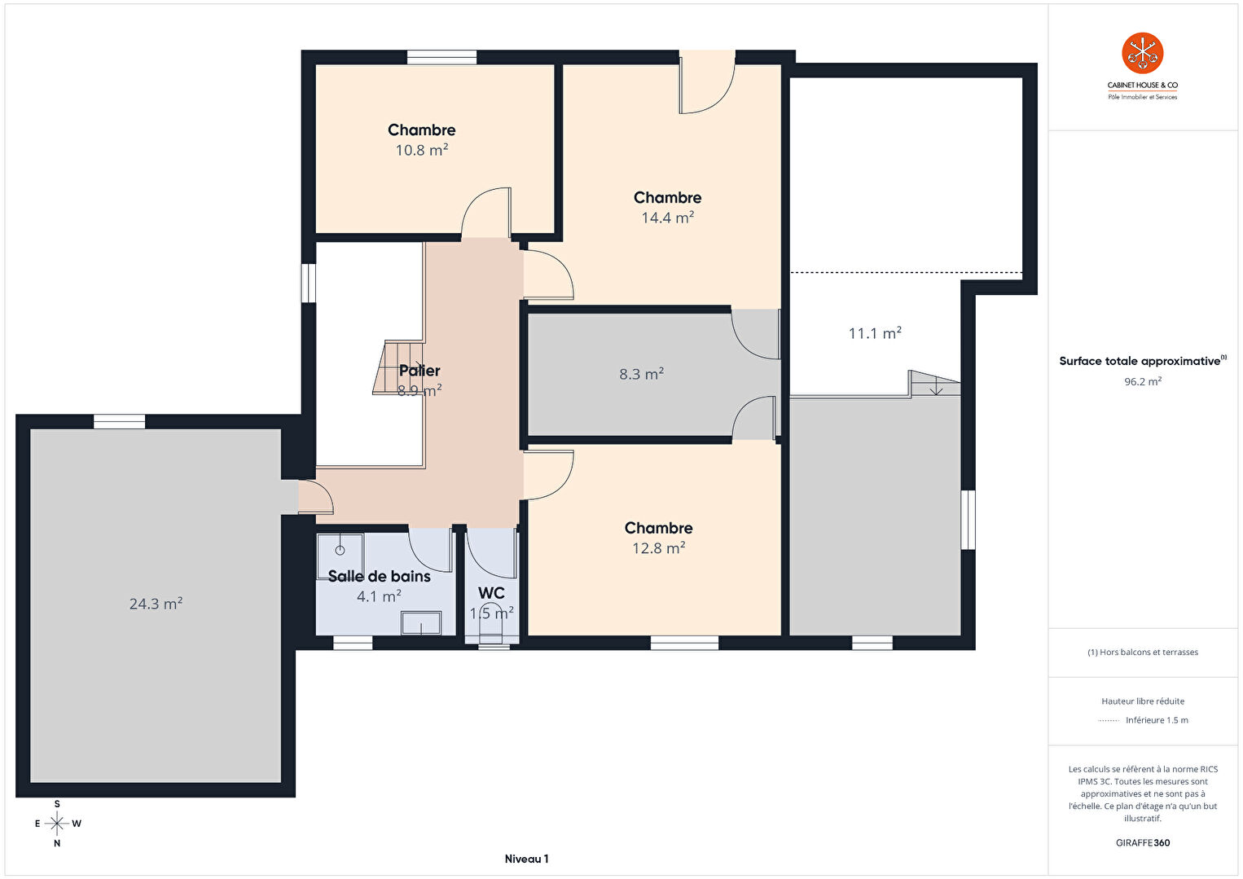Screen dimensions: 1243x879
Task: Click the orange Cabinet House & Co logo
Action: pos(1142,53)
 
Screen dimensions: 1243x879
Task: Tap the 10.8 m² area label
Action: pos(422,150)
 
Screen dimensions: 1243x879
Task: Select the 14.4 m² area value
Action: pos(668,218)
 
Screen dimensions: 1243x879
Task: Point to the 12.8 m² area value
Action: pos(659,548)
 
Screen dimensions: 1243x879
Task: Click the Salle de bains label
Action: pos(379,577)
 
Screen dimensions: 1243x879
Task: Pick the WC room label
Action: pos(491,593)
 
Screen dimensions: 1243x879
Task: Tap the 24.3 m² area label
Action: pos(156,604)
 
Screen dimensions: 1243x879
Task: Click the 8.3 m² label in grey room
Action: pos(642,374)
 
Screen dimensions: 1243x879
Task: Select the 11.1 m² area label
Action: pos(875,333)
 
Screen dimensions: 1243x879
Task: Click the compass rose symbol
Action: pos(56,824)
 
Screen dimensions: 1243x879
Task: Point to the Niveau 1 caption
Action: pos(526,859)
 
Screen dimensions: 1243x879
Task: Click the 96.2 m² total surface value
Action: pos(1143,382)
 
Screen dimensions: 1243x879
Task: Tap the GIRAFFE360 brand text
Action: pos(1143,842)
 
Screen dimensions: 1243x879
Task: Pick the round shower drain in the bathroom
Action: pos(340,551)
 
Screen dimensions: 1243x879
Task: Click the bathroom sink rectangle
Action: pos(421,622)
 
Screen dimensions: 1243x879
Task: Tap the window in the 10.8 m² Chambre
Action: pos(441,57)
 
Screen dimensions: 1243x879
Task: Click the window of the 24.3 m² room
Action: pos(119,422)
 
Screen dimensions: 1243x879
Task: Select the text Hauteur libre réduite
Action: pos(1143,701)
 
